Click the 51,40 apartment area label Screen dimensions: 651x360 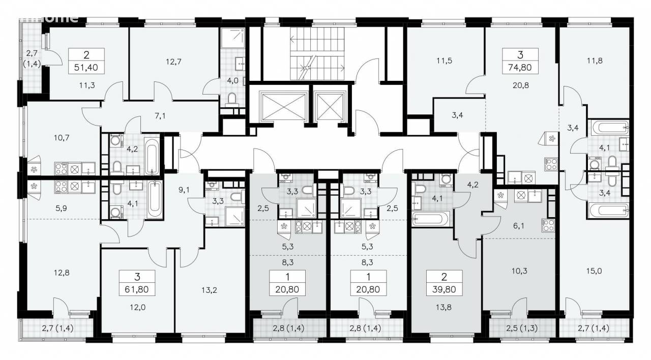[x=86, y=68]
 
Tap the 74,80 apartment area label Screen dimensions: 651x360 [x=520, y=68]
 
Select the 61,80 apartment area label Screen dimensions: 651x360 [x=137, y=289]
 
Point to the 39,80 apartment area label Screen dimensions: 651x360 [x=444, y=289]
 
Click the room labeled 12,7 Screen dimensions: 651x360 [x=173, y=62]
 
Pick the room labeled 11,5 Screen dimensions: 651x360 [x=444, y=61]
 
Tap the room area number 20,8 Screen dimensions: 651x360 [x=520, y=85]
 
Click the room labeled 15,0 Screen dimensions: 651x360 [x=594, y=271]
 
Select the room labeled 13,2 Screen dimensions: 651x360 [x=209, y=290]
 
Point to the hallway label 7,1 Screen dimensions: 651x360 [x=160, y=116]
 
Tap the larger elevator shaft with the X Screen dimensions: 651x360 [x=284, y=106]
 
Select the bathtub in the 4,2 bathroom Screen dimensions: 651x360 [x=152, y=157]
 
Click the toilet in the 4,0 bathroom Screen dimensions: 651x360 [x=232, y=99]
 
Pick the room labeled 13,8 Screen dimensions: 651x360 [x=443, y=307]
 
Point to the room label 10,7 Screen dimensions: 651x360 [x=62, y=138]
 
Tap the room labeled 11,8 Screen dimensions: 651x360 [x=595, y=61]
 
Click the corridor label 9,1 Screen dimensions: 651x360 [x=184, y=190]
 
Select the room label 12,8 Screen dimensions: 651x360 [x=62, y=273]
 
